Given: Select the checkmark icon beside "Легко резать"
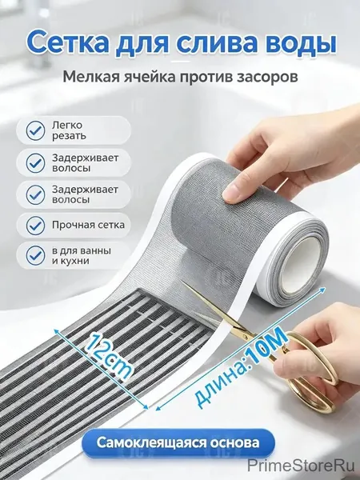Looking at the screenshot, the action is (x=35, y=130).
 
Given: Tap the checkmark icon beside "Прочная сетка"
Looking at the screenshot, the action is (x=35, y=226).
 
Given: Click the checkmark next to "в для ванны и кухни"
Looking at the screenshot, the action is (x=35, y=256).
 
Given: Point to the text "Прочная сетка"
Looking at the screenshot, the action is (x=88, y=225).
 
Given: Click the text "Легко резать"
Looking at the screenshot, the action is (x=69, y=130).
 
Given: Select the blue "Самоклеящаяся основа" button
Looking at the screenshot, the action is (x=178, y=442).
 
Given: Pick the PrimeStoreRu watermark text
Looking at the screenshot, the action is (x=301, y=466).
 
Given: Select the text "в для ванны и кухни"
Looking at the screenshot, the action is (x=82, y=256).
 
